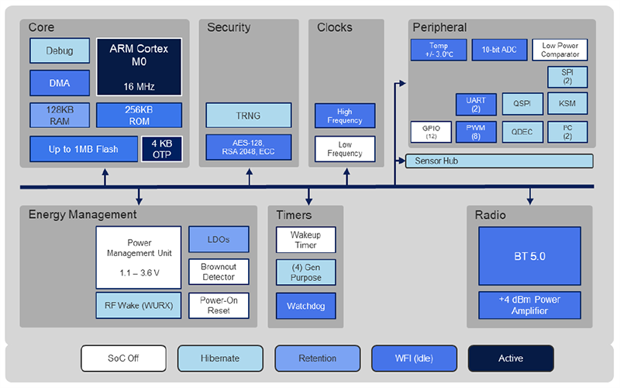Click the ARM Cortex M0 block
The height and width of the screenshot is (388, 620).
[139, 67]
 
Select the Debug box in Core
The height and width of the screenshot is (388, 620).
[60, 51]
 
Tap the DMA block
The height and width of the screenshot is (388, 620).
[60, 83]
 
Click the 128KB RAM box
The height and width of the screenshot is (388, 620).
[60, 115]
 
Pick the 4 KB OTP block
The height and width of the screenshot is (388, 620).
[161, 148]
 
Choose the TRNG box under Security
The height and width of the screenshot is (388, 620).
[248, 116]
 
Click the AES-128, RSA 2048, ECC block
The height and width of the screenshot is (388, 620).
[248, 147]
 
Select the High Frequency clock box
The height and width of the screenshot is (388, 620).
[344, 116]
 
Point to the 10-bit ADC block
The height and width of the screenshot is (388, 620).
[499, 50]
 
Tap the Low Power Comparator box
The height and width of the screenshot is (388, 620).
[560, 50]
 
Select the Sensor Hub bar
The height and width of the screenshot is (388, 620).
[499, 161]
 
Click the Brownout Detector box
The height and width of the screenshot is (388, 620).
[219, 272]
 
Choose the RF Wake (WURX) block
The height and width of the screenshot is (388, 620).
[138, 305]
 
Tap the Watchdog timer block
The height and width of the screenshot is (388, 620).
[305, 306]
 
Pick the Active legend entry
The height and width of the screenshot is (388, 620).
[511, 359]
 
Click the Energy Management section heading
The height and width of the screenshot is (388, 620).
[82, 215]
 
